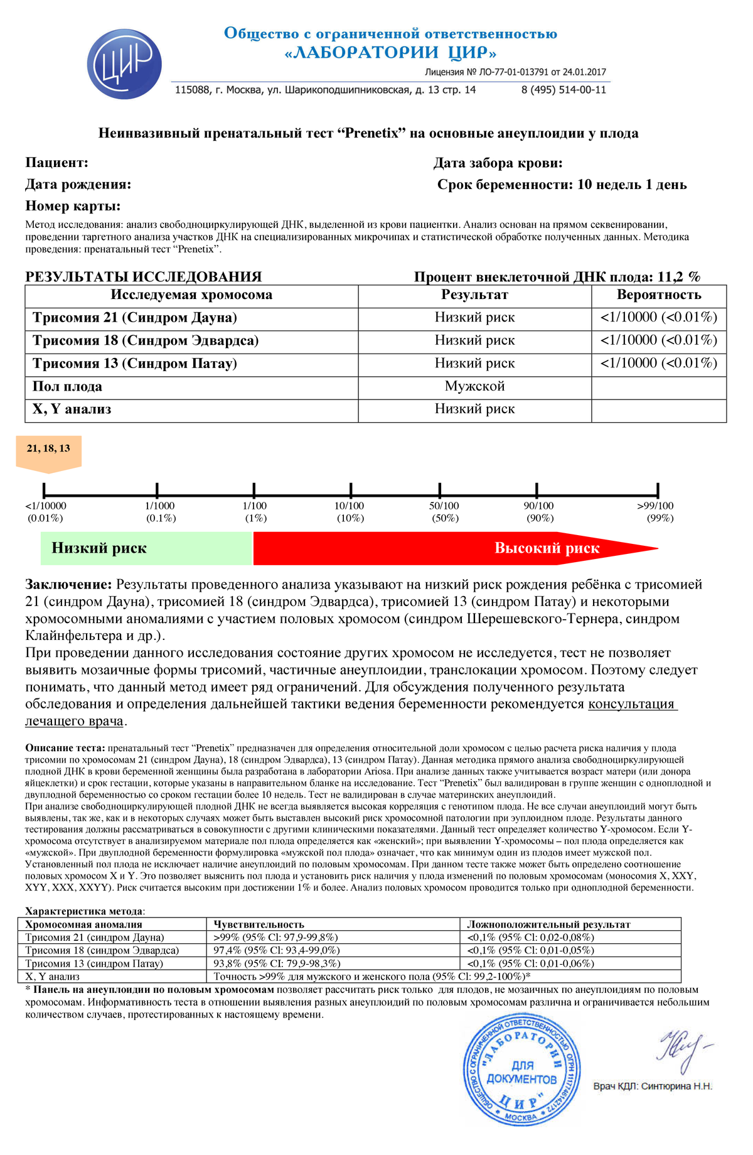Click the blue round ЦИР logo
point(124,63)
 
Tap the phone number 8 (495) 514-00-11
point(563,90)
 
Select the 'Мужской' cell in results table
point(474,386)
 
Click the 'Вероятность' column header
point(658,295)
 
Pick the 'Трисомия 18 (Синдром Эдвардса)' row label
point(146,341)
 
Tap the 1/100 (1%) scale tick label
point(255,512)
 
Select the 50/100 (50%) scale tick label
point(444,512)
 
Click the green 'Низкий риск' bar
point(146,548)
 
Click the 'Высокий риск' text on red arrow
point(547,548)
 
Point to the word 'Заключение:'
point(68,585)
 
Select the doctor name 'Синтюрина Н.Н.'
point(676,1087)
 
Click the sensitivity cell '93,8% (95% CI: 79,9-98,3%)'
point(277,963)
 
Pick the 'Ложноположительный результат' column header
point(548,925)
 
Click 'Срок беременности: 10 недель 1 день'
point(562,185)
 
